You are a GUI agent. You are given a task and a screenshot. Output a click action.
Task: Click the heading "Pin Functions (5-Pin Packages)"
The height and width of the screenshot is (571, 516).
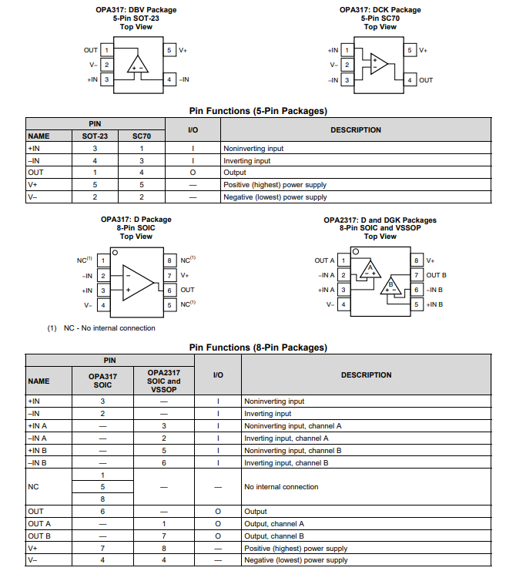[258, 111]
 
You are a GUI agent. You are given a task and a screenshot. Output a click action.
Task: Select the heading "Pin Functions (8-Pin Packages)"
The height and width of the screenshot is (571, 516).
[258, 348]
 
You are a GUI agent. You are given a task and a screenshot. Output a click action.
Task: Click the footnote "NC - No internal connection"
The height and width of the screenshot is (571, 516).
[102, 328]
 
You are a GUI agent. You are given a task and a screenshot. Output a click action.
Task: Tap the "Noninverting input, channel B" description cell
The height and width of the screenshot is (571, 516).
[293, 451]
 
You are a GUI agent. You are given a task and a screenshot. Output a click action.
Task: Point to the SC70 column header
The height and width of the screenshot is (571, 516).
[142, 136]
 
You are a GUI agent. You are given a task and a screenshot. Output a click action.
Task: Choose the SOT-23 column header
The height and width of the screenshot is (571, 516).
[95, 136]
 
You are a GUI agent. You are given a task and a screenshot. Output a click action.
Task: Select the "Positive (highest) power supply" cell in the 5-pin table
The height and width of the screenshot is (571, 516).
[275, 185]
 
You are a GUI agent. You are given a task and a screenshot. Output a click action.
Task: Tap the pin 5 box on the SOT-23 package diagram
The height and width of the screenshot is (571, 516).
[169, 50]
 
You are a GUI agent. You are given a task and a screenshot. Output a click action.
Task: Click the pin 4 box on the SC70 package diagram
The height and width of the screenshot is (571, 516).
[410, 80]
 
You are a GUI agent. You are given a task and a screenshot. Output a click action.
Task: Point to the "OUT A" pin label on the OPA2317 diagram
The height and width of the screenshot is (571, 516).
[324, 260]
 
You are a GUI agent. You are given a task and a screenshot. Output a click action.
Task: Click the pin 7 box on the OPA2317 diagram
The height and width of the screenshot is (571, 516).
[416, 275]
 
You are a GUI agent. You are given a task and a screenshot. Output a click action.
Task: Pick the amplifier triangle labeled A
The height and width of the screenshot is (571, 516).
[370, 269]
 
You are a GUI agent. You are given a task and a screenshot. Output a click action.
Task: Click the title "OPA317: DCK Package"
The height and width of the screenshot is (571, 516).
[380, 10]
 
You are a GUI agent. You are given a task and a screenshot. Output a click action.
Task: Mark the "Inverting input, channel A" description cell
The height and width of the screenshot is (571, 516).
[292, 438]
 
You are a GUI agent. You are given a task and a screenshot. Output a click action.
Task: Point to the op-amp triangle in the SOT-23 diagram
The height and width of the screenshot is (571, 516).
[138, 64]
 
